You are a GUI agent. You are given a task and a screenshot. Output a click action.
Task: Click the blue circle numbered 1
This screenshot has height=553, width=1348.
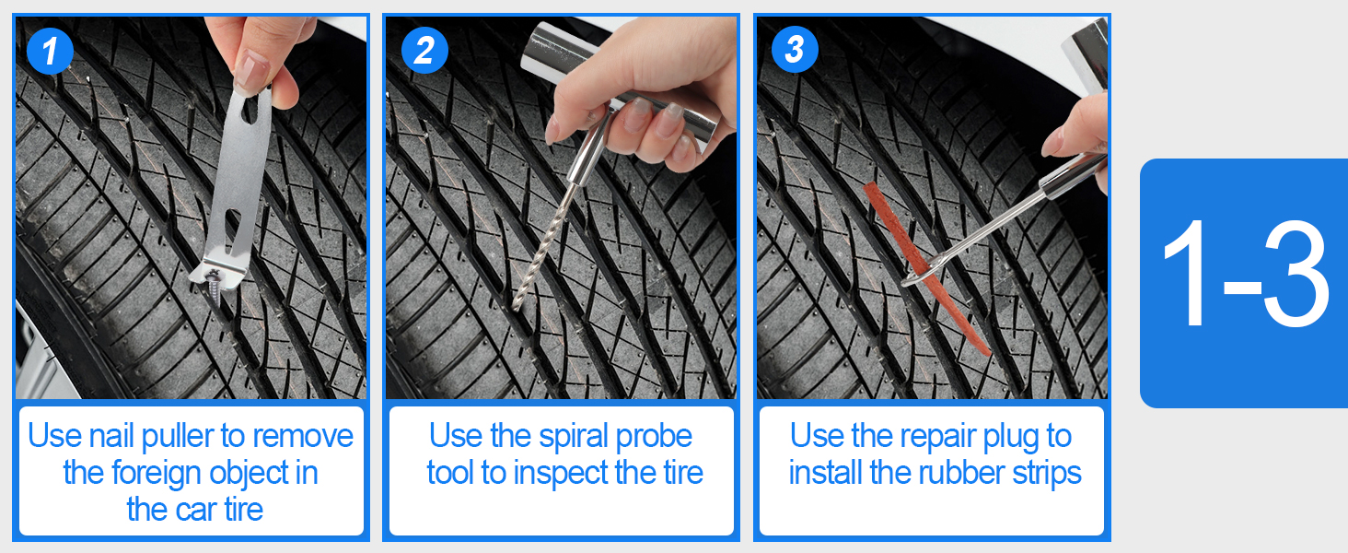[x=50, y=51]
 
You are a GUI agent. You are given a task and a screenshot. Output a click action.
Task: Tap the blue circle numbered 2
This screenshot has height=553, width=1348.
[x=424, y=50]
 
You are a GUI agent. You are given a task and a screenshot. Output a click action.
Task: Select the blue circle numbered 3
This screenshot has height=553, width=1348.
[x=795, y=50]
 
